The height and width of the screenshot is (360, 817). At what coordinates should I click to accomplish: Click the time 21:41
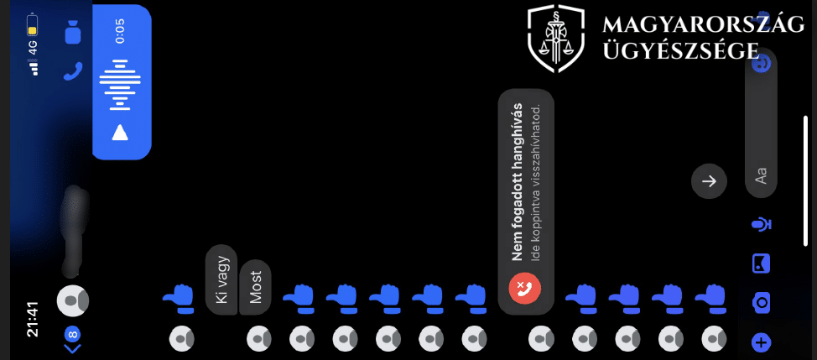tap(34, 320)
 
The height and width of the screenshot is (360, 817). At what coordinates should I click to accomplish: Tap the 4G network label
tap(33, 47)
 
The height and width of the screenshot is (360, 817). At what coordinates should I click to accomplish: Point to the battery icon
tap(33, 23)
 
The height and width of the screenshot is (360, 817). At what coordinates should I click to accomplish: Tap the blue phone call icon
tap(73, 70)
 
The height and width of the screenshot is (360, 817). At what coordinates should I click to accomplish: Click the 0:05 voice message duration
tap(120, 31)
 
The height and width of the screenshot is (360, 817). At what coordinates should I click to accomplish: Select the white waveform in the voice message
tap(120, 85)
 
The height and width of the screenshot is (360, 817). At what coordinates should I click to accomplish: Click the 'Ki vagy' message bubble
tap(221, 279)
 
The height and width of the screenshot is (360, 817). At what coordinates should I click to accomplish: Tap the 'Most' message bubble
tap(255, 287)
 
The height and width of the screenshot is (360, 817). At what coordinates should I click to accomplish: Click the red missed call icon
tap(525, 288)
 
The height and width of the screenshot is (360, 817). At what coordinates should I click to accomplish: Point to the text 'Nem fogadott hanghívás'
tap(517, 182)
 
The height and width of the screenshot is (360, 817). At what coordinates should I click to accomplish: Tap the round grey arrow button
tap(709, 180)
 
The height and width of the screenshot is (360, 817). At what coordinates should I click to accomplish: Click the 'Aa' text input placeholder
tap(762, 175)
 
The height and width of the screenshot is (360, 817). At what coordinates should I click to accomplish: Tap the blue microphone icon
tap(762, 225)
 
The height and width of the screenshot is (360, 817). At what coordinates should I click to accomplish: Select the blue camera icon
tap(762, 302)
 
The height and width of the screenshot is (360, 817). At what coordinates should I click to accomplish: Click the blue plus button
tap(762, 343)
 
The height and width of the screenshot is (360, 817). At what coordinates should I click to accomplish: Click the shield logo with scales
tap(556, 39)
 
